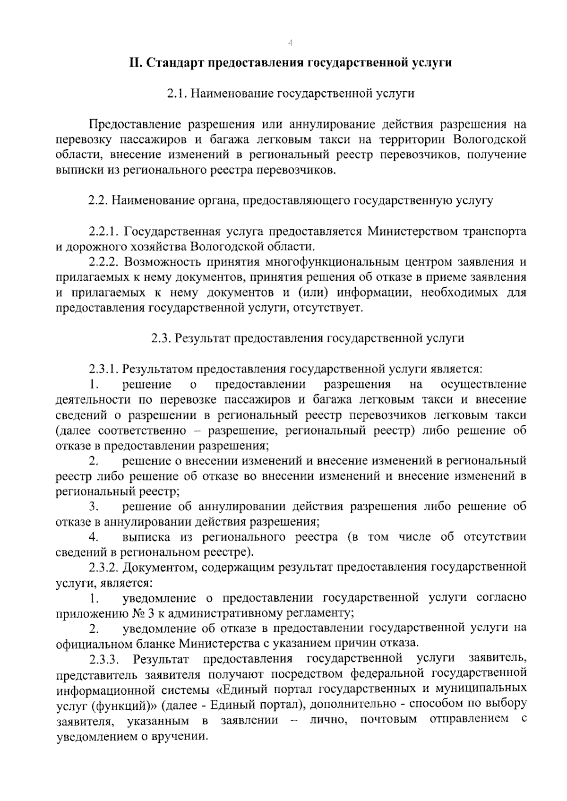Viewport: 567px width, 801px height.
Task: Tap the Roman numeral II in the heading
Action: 137,63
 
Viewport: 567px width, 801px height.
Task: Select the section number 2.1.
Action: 178,94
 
